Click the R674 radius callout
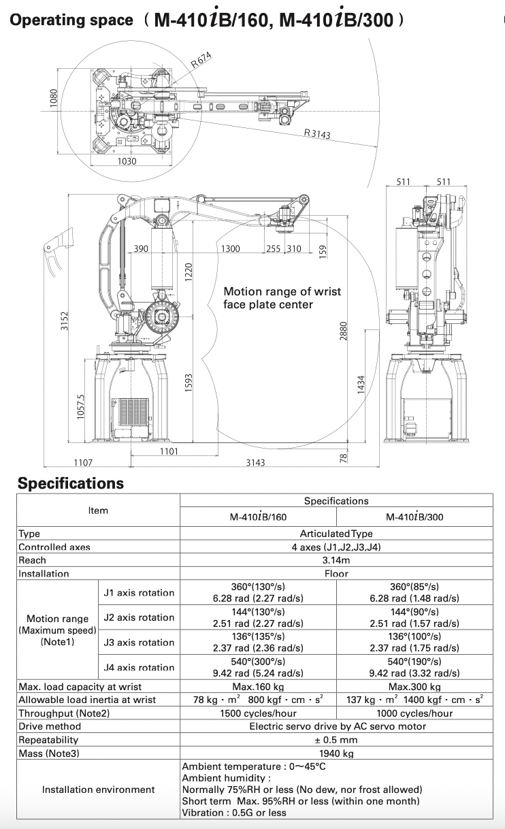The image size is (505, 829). pyautogui.click(x=203, y=61)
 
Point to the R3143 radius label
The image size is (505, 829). pyautogui.click(x=317, y=134)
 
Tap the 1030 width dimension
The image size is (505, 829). pyautogui.click(x=127, y=161)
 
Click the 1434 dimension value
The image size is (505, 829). pyautogui.click(x=361, y=388)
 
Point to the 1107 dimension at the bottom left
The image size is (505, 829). pyautogui.click(x=82, y=462)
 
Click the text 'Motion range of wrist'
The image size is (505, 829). pyautogui.click(x=282, y=291)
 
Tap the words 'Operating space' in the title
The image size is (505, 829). pyautogui.click(x=71, y=20)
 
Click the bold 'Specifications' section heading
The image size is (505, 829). pyautogui.click(x=71, y=483)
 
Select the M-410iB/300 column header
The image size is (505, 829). pyautogui.click(x=414, y=517)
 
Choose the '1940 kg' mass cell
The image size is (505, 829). pyautogui.click(x=336, y=753)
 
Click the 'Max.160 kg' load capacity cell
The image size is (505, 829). pyautogui.click(x=258, y=687)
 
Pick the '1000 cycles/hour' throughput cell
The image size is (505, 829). pyautogui.click(x=414, y=713)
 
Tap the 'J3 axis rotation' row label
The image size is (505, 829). pyautogui.click(x=139, y=643)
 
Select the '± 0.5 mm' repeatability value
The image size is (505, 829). pyautogui.click(x=336, y=740)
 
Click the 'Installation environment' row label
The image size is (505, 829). pyautogui.click(x=98, y=790)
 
